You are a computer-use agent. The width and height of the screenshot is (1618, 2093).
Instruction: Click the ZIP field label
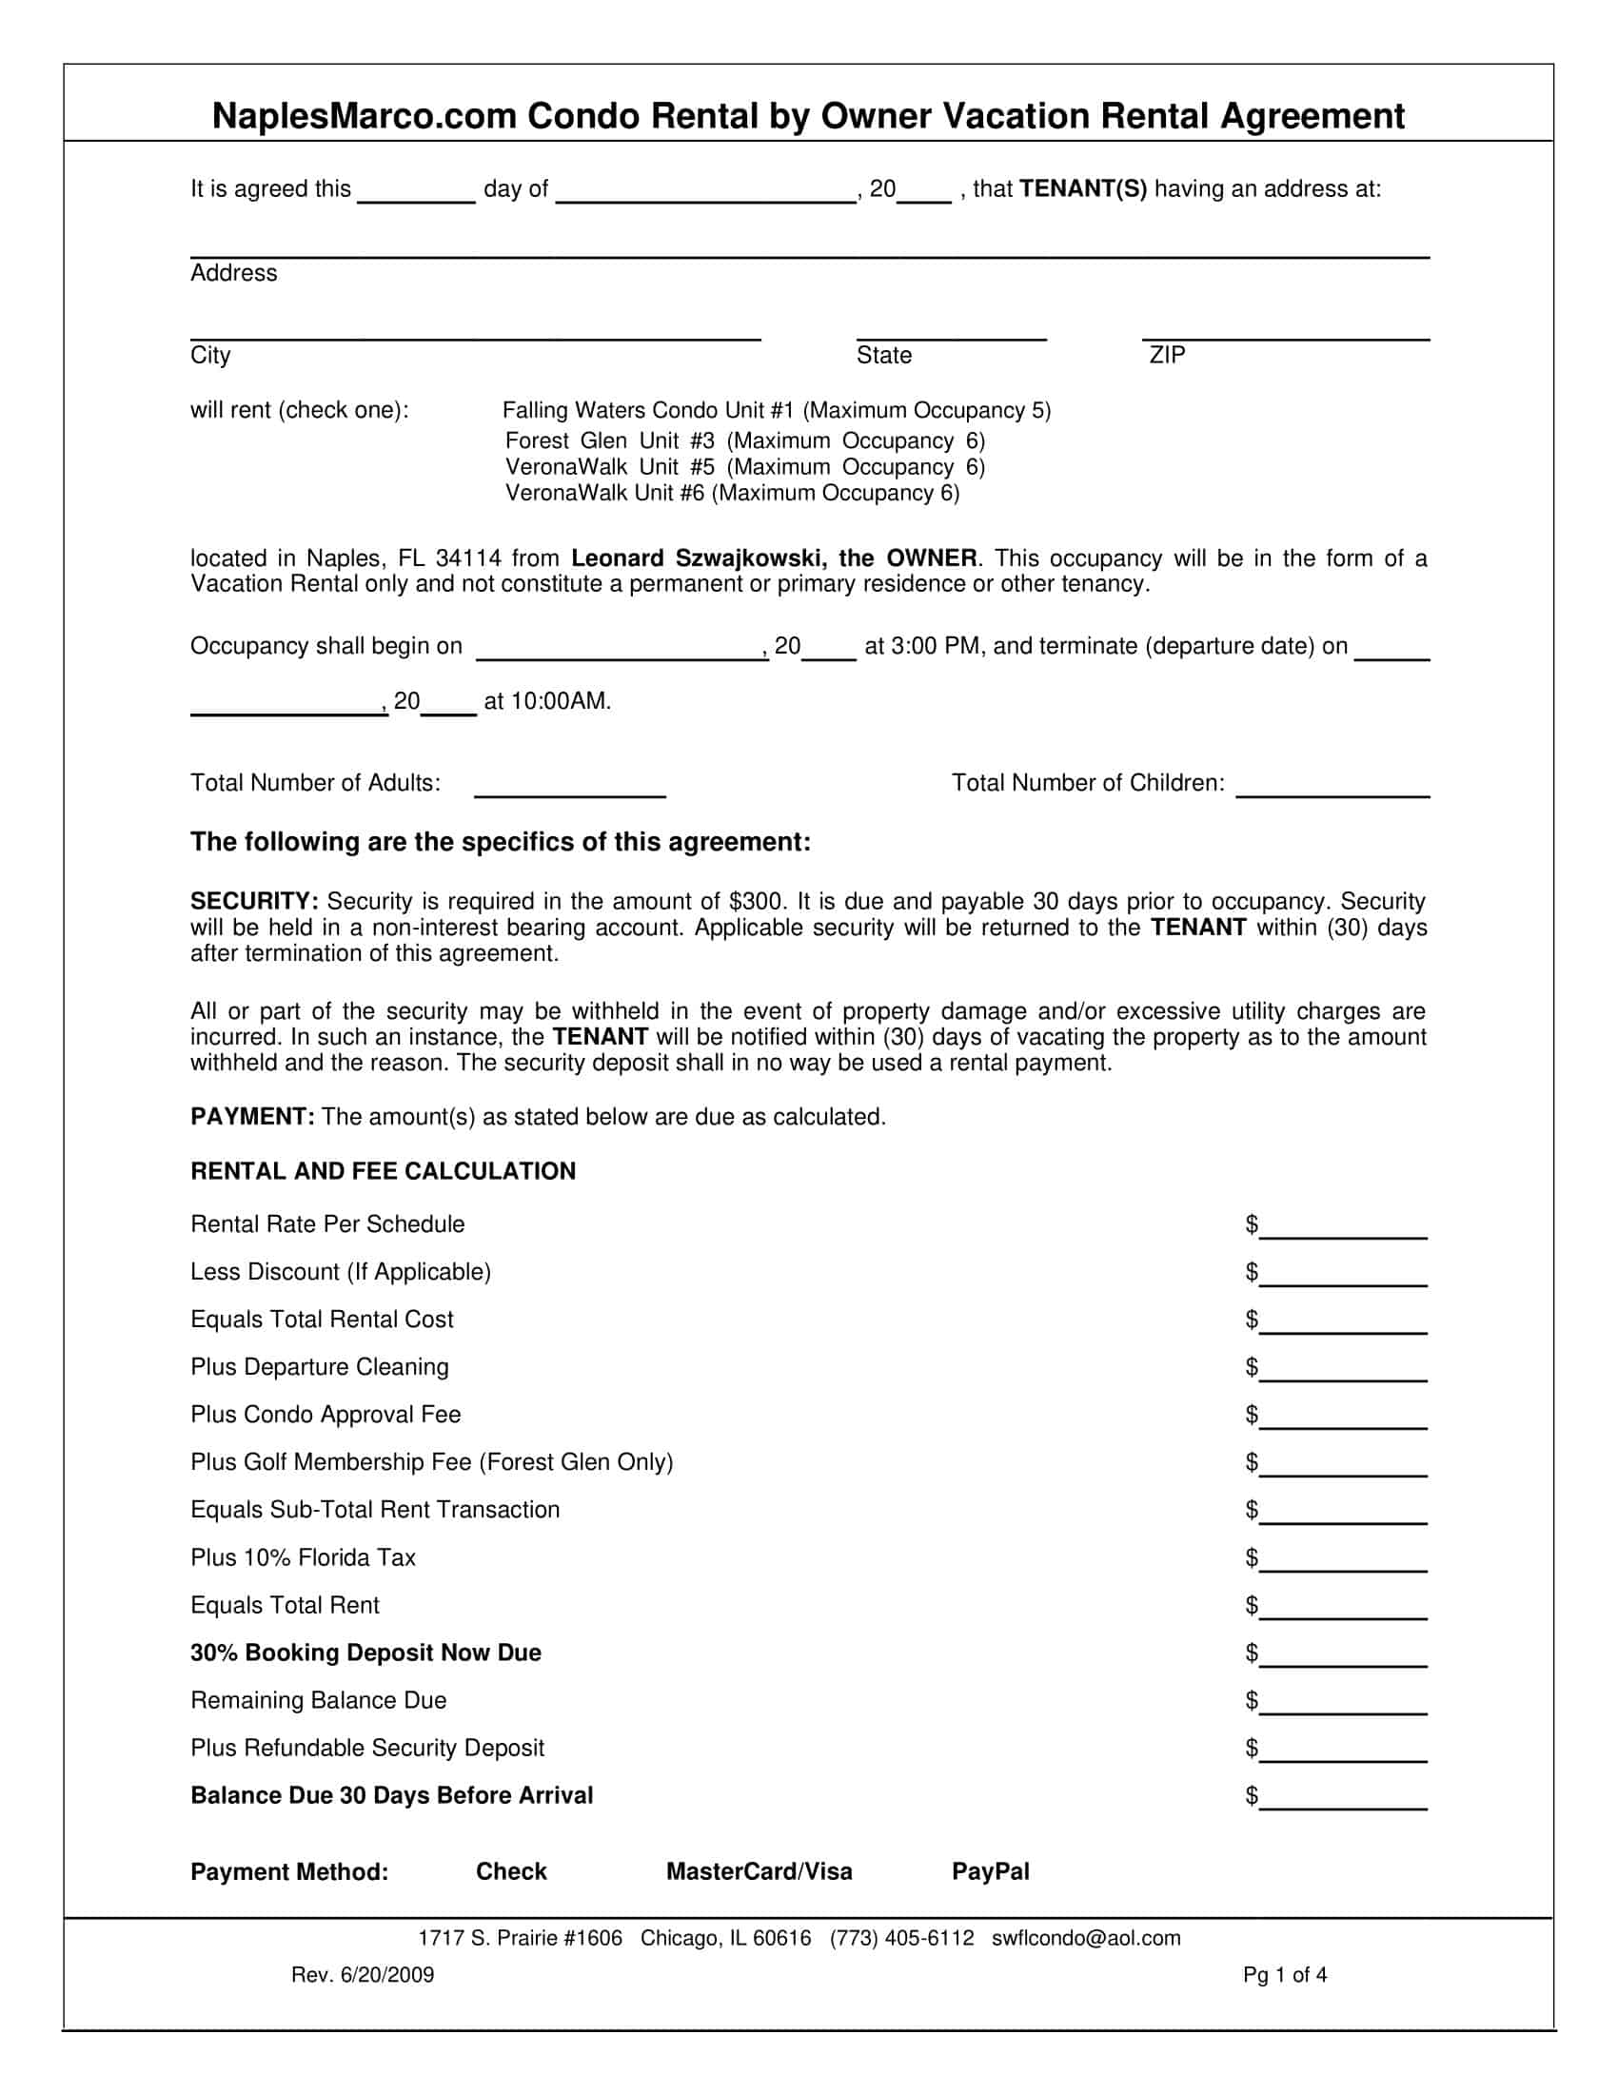pos(1167,356)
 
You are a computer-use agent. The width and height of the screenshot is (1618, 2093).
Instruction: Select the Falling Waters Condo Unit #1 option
pos(777,411)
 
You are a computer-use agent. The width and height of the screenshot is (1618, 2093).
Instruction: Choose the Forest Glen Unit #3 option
pos(745,440)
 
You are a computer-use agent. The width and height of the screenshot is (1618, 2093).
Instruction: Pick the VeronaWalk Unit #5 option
pos(745,467)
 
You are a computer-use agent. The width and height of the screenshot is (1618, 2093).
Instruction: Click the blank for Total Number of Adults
pos(569,788)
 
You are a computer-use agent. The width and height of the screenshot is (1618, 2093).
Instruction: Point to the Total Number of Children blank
pos(1332,788)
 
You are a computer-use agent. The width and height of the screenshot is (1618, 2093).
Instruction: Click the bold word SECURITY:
pos(254,902)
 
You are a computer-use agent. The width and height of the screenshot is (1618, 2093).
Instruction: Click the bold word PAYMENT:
pos(252,1118)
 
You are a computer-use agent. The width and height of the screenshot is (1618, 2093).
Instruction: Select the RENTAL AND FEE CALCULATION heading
pos(384,1171)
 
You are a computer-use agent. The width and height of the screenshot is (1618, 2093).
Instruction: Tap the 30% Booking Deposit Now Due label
pos(365,1653)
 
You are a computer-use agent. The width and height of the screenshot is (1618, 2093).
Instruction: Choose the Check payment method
pos(511,1871)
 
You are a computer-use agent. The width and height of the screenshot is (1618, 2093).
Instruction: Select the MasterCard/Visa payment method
pos(760,1871)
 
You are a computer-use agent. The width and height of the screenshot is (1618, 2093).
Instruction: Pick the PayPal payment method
pos(990,1871)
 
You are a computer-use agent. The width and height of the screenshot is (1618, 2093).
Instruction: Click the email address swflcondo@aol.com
pos(1086,1939)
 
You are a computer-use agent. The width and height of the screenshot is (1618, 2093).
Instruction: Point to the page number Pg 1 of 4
pos(1285,1974)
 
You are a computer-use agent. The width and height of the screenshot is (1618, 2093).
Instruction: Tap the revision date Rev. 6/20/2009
pos(363,1975)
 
